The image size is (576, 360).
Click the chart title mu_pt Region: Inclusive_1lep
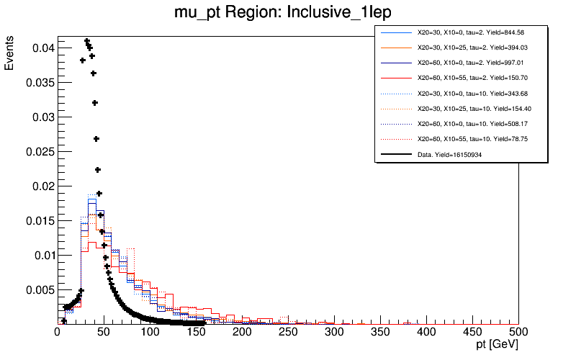pyautogui.click(x=287, y=12)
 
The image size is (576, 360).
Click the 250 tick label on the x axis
pyautogui.click(x=288, y=332)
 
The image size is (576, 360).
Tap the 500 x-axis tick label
pyautogui.click(x=518, y=332)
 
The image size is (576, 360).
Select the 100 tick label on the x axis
pyautogui.click(x=150, y=332)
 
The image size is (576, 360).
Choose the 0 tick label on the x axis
pyautogui.click(x=58, y=332)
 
